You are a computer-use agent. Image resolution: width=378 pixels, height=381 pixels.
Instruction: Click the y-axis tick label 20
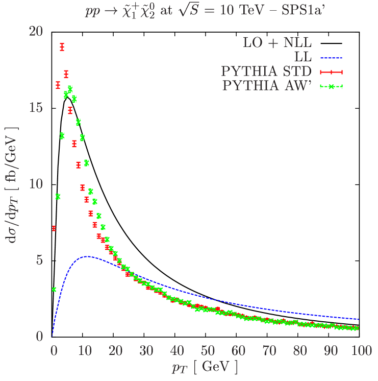tap(36, 32)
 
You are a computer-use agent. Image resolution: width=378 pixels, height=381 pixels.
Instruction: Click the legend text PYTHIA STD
tap(266, 71)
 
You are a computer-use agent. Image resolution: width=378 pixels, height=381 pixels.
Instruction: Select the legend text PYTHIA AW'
tap(266, 85)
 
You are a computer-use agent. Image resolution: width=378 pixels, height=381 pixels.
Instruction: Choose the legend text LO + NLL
tap(277, 42)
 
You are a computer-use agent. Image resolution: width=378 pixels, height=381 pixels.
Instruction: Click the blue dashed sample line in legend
tap(331, 58)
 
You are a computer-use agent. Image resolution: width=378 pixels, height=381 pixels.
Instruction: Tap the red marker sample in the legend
tap(331, 72)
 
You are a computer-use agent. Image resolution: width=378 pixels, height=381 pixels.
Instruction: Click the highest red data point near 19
tap(62, 47)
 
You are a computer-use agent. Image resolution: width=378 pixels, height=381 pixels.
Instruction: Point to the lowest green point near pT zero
tap(54, 290)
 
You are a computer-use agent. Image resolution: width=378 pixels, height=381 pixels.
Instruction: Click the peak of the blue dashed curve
tap(87, 256)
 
